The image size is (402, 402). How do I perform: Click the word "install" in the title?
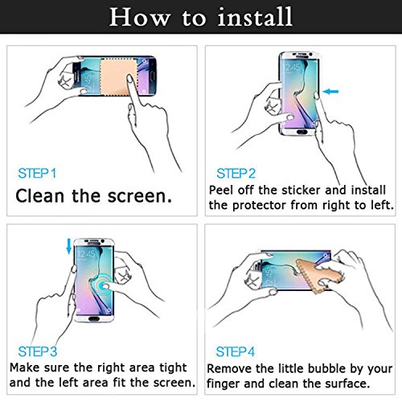pyautogui.click(x=255, y=17)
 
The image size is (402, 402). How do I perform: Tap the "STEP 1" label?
pyautogui.click(x=37, y=174)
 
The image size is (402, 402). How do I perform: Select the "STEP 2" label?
pyautogui.click(x=236, y=174)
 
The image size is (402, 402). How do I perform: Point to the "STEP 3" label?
pyautogui.click(x=38, y=351)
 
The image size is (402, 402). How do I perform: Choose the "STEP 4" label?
pyautogui.click(x=236, y=351)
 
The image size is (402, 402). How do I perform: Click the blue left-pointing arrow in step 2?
pyautogui.click(x=330, y=92)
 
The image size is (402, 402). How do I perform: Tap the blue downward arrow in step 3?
pyautogui.click(x=69, y=246)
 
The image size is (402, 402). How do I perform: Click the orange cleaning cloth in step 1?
pyautogui.click(x=118, y=77)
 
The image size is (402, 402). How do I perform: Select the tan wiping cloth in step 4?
pyautogui.click(x=319, y=276)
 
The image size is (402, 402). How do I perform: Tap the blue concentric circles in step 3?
pyautogui.click(x=100, y=285)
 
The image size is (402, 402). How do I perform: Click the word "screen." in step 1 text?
pyautogui.click(x=139, y=196)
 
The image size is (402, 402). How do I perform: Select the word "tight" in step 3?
pyautogui.click(x=173, y=367)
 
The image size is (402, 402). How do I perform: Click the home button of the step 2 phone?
pyautogui.click(x=302, y=132)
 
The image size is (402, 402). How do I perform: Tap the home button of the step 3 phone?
pyautogui.click(x=94, y=319)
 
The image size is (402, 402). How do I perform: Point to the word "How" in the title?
pyautogui.click(x=140, y=17)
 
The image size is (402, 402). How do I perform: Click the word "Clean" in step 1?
pyautogui.click(x=40, y=196)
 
